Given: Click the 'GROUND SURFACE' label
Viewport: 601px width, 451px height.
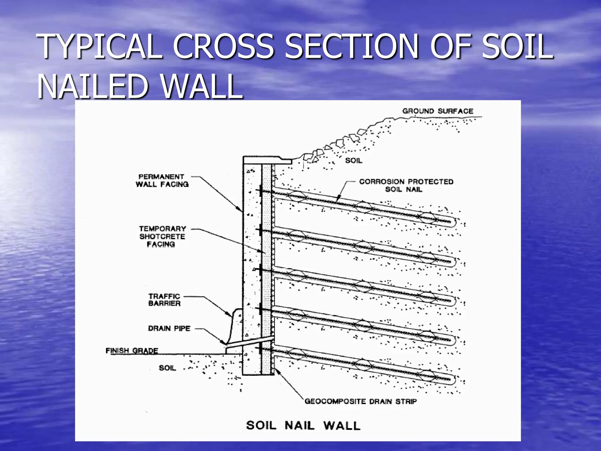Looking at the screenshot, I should click(x=438, y=111).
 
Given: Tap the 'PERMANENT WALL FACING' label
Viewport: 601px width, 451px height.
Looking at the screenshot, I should click(x=162, y=181).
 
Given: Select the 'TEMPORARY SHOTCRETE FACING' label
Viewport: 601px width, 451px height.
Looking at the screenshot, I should click(x=162, y=236).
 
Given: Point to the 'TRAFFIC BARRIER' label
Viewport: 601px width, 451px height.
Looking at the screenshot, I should click(x=164, y=300).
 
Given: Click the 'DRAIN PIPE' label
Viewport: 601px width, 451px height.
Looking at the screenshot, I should click(x=169, y=328).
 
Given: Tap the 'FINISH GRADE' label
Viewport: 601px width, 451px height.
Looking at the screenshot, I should click(x=132, y=351).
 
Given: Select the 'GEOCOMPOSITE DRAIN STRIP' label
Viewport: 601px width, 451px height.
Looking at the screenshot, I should click(x=361, y=401).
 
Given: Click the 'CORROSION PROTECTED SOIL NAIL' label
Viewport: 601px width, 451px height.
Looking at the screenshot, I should click(x=406, y=186).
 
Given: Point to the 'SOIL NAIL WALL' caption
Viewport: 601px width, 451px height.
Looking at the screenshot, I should click(x=303, y=425).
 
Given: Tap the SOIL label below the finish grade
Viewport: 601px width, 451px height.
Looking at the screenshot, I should click(x=167, y=368).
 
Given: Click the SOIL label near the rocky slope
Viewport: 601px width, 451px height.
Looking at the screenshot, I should click(x=354, y=161).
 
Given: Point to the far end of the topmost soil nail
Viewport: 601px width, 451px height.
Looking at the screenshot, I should click(x=450, y=222).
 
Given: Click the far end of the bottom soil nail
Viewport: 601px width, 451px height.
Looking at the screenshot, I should click(x=450, y=379).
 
